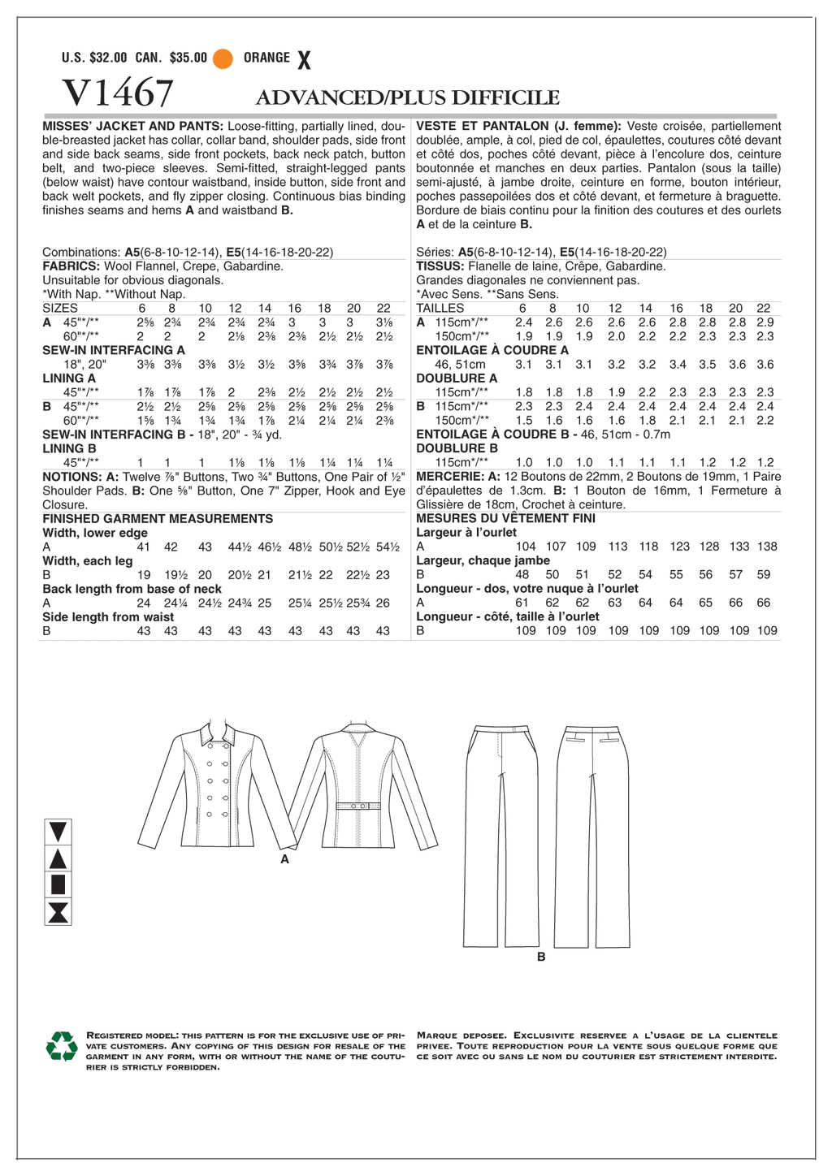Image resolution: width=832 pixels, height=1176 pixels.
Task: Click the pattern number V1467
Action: [x=117, y=94]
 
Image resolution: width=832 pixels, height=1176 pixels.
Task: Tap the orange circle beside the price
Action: [x=223, y=58]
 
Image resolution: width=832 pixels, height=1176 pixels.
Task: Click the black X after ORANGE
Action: [x=304, y=59]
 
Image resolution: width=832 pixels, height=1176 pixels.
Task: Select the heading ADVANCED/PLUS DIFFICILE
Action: [x=407, y=98]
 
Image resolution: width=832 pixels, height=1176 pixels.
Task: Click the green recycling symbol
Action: [x=62, y=1046]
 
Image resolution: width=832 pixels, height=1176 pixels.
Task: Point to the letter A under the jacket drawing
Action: [x=284, y=858]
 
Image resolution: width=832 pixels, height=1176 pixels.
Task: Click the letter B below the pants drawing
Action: [x=541, y=957]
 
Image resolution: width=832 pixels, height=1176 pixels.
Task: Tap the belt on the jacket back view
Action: [x=357, y=806]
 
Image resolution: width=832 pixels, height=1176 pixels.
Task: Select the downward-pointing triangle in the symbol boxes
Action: [x=58, y=832]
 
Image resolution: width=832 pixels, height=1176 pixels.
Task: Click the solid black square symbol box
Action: [x=58, y=884]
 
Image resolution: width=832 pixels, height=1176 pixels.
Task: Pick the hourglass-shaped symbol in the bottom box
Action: [x=58, y=912]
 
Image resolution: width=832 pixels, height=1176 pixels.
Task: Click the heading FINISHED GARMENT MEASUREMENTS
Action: [x=158, y=519]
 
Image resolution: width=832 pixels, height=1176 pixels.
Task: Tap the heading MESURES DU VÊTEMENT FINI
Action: [x=505, y=518]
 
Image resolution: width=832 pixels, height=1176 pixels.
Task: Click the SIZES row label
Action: [x=60, y=309]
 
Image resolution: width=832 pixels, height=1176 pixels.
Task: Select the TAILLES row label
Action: [x=440, y=309]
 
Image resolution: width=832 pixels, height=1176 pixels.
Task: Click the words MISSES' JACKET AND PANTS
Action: [x=132, y=127]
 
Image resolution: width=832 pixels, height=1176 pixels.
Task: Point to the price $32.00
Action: [x=108, y=58]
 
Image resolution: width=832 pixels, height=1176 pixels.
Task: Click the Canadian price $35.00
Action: [x=188, y=58]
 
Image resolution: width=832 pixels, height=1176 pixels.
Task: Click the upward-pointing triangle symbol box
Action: [x=58, y=858]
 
